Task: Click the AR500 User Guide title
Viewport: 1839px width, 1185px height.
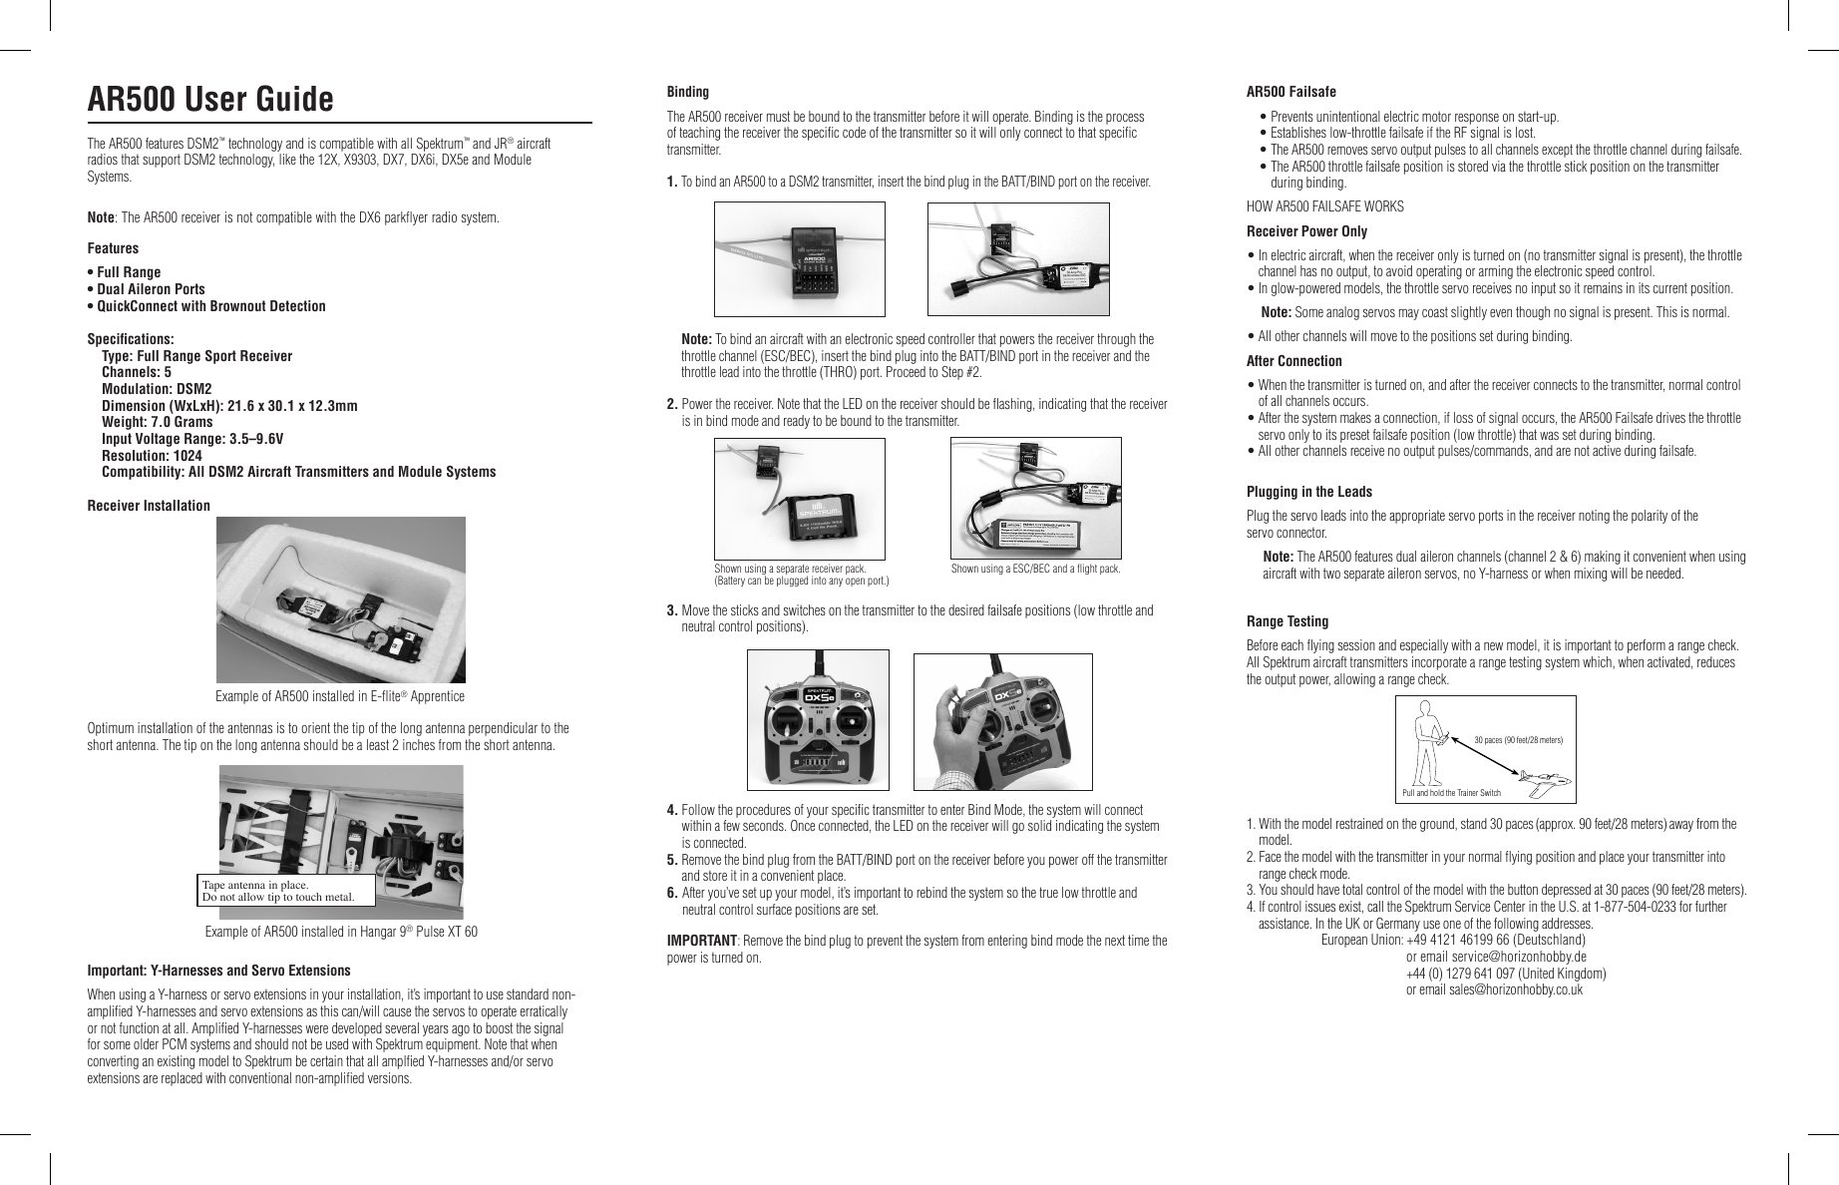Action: (x=210, y=100)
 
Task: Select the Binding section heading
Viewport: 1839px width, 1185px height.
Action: (x=687, y=92)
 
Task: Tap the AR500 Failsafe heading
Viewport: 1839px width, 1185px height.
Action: (x=1290, y=92)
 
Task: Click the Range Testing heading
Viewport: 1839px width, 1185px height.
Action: (x=1287, y=621)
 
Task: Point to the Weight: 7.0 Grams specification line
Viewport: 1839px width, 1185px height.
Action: (x=157, y=422)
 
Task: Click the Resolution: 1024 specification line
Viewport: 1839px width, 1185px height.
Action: (x=152, y=455)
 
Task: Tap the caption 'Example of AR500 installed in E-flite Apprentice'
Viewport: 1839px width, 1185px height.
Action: (x=340, y=696)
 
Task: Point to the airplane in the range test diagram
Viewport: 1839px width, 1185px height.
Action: (x=1544, y=782)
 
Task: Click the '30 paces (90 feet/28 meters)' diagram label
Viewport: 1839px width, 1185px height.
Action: (x=1517, y=740)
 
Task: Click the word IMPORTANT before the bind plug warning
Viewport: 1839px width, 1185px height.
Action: (x=701, y=941)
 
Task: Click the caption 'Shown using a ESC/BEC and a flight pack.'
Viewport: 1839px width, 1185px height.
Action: (x=1035, y=570)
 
